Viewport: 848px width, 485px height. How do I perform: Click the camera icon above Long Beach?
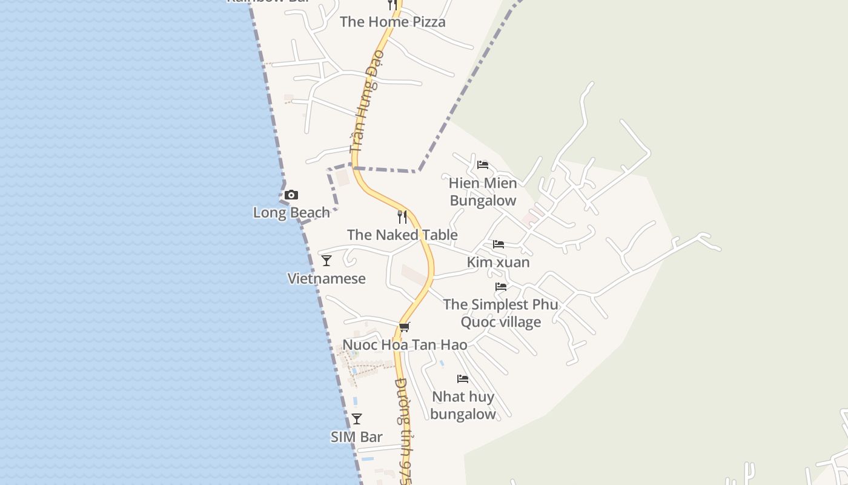pos(291,195)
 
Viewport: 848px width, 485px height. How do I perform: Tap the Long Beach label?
pos(291,213)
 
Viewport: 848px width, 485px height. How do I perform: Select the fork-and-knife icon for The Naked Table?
pos(402,217)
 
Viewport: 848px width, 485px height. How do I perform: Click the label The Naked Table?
pos(402,235)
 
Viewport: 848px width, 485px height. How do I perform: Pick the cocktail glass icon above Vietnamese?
pos(326,261)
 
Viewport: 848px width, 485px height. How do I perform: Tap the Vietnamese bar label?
pos(326,279)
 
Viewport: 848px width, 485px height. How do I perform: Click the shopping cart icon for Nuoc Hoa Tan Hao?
pos(405,327)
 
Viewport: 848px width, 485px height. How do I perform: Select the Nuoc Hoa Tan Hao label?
pos(405,345)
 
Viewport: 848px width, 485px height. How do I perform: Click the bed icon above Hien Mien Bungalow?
pos(483,165)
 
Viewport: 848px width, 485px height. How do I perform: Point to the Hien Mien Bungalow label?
pos(483,192)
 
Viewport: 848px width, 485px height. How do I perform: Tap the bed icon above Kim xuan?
pos(499,244)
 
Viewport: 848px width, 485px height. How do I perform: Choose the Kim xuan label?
pos(499,263)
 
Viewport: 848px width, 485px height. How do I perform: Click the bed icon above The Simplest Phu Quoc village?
pos(501,287)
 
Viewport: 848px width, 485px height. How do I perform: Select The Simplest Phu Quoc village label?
pos(501,313)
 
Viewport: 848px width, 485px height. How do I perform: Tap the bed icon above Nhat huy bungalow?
pos(463,379)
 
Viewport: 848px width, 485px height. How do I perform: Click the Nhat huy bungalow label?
pos(463,406)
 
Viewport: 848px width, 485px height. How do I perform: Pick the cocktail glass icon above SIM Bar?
pos(357,419)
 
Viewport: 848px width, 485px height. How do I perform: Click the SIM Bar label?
pos(357,437)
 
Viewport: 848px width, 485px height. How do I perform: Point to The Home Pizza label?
pos(393,22)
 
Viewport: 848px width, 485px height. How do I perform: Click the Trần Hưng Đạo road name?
pos(367,101)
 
